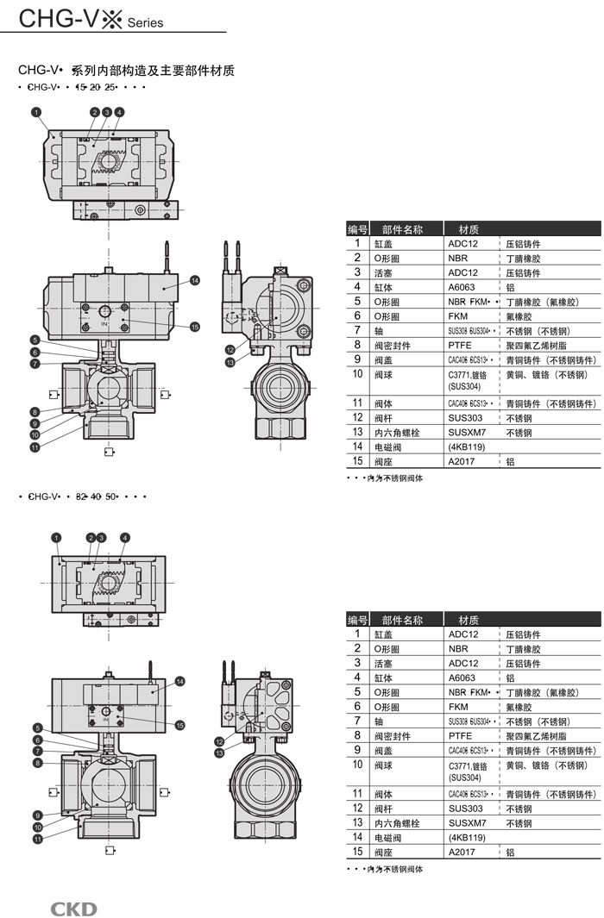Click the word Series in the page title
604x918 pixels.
click(x=145, y=23)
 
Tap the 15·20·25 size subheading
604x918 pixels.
click(x=81, y=87)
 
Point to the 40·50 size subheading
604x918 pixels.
click(x=81, y=496)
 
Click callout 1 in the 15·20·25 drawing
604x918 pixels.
click(x=36, y=112)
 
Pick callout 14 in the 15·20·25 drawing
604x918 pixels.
click(x=195, y=280)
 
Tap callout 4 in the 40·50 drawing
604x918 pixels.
click(x=125, y=538)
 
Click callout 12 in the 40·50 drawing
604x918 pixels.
click(x=220, y=741)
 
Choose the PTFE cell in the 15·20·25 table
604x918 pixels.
click(x=460, y=345)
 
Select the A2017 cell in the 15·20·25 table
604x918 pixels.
click(x=462, y=462)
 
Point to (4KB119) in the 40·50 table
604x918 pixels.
click(x=467, y=837)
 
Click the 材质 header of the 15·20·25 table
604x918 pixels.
click(x=469, y=229)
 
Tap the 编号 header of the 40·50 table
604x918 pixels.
click(x=357, y=620)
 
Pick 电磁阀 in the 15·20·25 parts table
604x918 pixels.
click(x=387, y=447)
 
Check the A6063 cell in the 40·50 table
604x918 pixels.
click(x=462, y=678)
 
